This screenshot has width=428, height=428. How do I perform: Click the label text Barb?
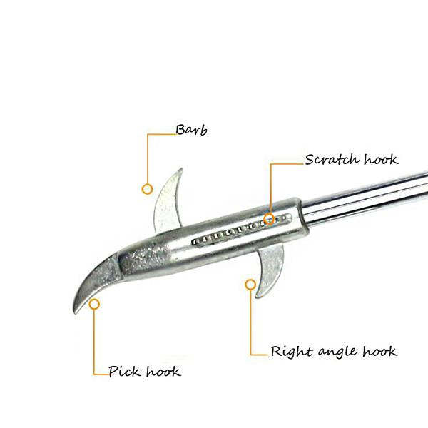[x=191, y=130]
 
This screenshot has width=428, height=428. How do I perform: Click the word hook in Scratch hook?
[x=381, y=159]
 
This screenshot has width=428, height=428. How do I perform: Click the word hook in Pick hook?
[x=163, y=371]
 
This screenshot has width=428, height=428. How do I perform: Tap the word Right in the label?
[x=291, y=351]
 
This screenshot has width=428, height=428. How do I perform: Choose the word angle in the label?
[x=338, y=352]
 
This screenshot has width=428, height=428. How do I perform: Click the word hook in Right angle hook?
[x=379, y=351]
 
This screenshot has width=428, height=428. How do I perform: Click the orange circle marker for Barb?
[x=147, y=189]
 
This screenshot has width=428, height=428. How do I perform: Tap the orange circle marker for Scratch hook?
[x=270, y=219]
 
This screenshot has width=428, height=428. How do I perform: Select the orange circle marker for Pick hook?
[x=94, y=304]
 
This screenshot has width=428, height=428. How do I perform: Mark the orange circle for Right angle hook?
[x=250, y=285]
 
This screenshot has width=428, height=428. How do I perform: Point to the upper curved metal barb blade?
[x=167, y=203]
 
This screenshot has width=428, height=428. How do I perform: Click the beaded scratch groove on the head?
[x=242, y=229]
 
